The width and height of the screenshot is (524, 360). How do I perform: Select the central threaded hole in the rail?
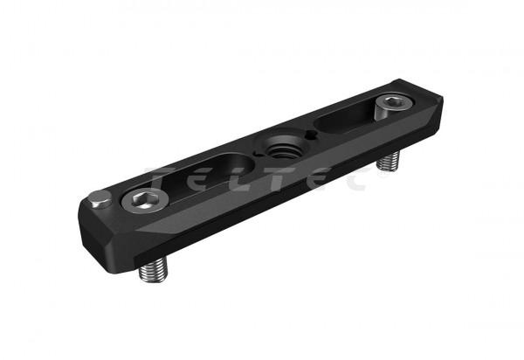pyautogui.click(x=283, y=150)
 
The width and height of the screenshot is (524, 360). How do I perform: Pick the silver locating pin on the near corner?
pyautogui.click(x=100, y=199)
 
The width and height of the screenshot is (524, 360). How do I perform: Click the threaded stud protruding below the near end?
pyautogui.click(x=154, y=269)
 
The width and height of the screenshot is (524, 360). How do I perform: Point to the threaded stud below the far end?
pyautogui.click(x=389, y=161)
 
